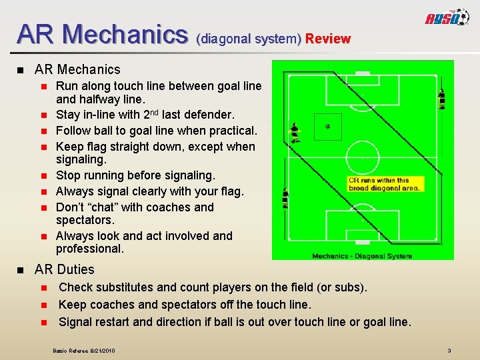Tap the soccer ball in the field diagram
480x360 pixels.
click(327, 126)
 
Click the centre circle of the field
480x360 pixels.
click(363, 157)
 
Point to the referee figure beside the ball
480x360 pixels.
click(294, 132)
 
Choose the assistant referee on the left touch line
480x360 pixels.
click(285, 198)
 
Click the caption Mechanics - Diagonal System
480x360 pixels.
click(363, 255)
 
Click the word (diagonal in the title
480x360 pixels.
click(219, 39)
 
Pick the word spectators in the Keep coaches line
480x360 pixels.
click(187, 305)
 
